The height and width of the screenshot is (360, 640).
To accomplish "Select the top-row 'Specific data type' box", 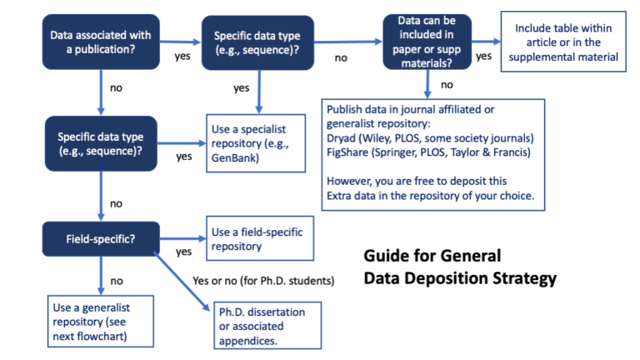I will tap(257, 43).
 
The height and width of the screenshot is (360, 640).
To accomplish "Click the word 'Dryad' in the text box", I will tap(342, 137).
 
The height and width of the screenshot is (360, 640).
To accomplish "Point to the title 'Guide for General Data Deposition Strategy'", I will tap(459, 267).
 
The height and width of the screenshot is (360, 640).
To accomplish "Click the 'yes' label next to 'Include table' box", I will tap(483, 57).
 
